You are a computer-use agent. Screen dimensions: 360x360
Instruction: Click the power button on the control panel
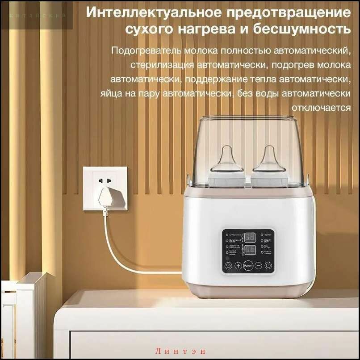point(268,266)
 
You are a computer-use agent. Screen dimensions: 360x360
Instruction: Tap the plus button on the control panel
point(238,266)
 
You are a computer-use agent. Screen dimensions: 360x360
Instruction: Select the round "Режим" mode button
point(248,266)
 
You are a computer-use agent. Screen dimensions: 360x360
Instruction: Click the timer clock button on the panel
point(228,266)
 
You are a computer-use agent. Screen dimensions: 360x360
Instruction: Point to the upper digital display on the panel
point(250,237)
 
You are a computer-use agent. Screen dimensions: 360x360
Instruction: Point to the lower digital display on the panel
point(250,249)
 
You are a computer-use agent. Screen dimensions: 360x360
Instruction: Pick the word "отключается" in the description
point(321,108)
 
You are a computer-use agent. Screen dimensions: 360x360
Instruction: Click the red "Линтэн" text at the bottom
point(180,352)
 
